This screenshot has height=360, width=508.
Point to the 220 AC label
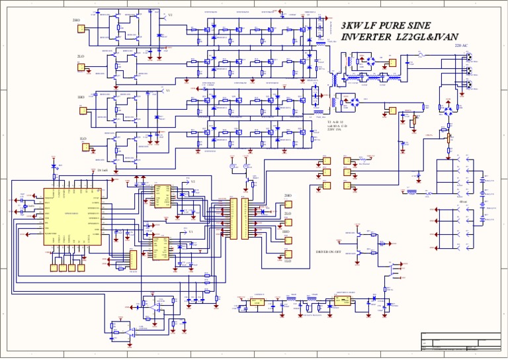click(x=461, y=46)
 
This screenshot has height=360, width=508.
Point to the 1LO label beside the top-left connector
click(x=84, y=138)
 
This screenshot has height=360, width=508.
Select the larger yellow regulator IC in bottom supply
click(x=343, y=300)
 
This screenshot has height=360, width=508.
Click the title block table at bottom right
click(x=461, y=342)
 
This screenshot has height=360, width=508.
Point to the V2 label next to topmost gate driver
click(x=170, y=15)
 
